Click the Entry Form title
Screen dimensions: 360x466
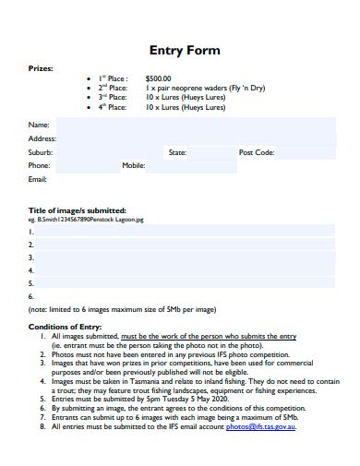(185, 50)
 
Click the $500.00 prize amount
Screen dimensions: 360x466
(159, 78)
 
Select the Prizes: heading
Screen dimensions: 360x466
(41, 68)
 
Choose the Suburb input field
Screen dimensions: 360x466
(106, 152)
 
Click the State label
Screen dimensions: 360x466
(177, 152)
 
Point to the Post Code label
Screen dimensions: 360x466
(257, 152)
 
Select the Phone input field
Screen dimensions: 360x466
(87, 166)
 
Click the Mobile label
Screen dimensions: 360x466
(134, 166)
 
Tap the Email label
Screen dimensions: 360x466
(38, 179)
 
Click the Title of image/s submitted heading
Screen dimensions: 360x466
(78, 210)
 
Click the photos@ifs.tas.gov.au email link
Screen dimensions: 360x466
(261, 427)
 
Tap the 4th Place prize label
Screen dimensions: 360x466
(114, 108)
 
